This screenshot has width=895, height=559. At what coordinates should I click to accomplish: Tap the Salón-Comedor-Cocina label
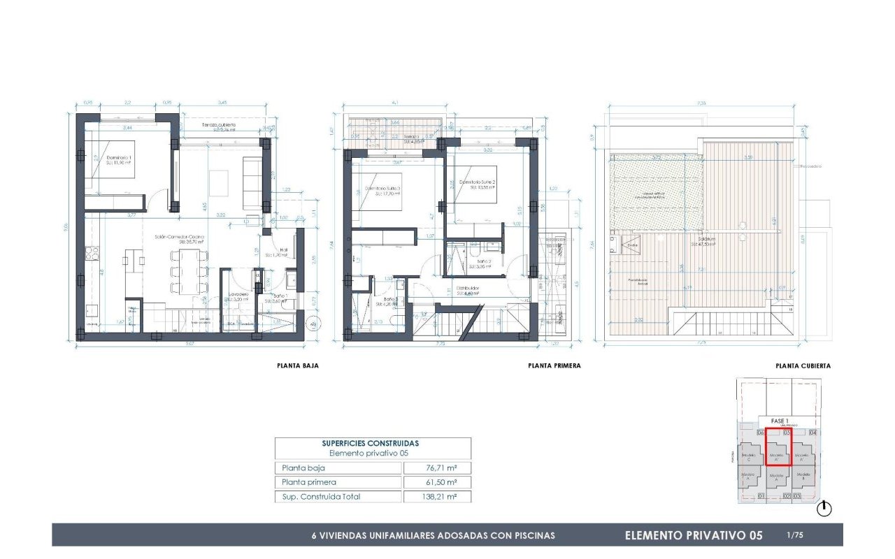(x=180, y=239)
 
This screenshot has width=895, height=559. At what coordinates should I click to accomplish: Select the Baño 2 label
(x=481, y=263)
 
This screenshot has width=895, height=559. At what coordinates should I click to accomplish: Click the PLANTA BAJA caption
(x=299, y=365)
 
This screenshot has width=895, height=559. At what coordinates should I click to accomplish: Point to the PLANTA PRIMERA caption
(x=554, y=365)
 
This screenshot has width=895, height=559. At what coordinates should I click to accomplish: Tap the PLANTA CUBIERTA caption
(x=803, y=365)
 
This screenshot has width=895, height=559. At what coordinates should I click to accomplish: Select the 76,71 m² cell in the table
(x=437, y=468)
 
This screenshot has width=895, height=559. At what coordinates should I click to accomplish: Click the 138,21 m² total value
(x=437, y=497)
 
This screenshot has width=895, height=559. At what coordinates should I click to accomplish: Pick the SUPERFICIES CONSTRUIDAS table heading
(x=371, y=443)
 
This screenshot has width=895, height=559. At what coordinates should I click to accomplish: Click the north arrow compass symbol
(x=824, y=509)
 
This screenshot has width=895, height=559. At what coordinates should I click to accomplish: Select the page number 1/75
(x=795, y=535)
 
